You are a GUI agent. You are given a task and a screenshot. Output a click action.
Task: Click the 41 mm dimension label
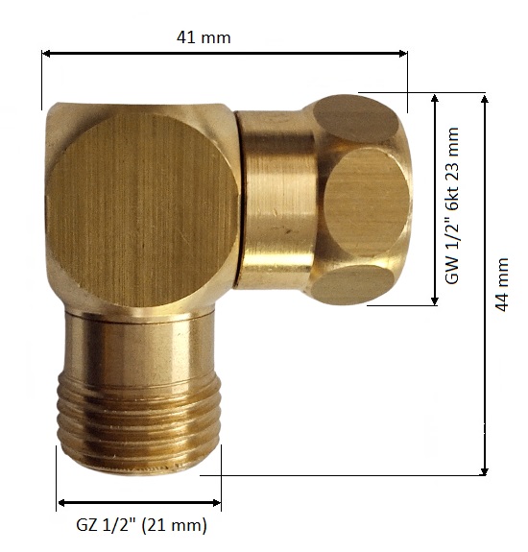click(x=204, y=37)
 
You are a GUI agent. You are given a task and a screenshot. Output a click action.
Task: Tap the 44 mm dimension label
click(x=501, y=284)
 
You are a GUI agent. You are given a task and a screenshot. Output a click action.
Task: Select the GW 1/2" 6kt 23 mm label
click(x=452, y=206)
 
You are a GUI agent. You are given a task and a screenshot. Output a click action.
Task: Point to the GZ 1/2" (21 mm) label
click(x=141, y=525)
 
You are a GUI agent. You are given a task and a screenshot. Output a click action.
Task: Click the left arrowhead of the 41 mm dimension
click(x=45, y=54)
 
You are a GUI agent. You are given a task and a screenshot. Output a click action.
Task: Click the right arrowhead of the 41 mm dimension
click(x=403, y=54)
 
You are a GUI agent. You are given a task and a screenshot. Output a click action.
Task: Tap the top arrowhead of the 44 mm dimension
click(x=485, y=98)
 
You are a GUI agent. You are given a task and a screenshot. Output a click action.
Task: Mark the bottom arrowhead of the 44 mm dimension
click(x=485, y=471)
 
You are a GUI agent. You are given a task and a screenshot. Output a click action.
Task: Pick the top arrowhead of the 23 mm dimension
click(x=435, y=98)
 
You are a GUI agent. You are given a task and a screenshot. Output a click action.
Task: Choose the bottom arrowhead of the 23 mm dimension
click(x=435, y=301)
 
